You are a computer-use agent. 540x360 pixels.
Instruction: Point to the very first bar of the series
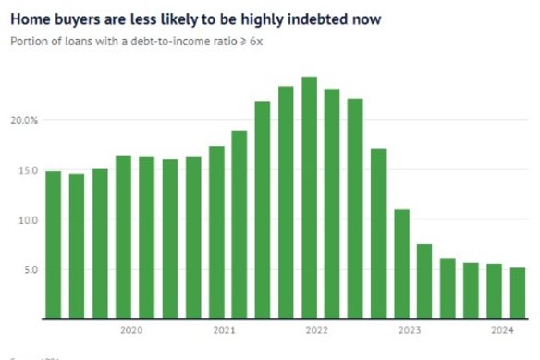click(54, 245)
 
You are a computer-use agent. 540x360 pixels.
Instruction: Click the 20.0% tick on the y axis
click(25, 120)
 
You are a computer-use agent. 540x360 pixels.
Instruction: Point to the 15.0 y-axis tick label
click(28, 170)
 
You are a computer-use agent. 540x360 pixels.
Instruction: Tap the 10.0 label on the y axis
click(28, 220)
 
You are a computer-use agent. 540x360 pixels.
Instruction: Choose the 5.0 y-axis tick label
click(30, 270)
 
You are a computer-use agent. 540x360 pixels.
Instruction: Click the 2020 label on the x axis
click(130, 330)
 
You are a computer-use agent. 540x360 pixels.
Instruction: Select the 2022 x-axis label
click(316, 330)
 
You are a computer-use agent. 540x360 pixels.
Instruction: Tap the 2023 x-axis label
click(409, 330)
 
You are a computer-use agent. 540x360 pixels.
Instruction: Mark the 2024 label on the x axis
click(502, 330)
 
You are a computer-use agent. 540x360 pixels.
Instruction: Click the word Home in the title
click(29, 19)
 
